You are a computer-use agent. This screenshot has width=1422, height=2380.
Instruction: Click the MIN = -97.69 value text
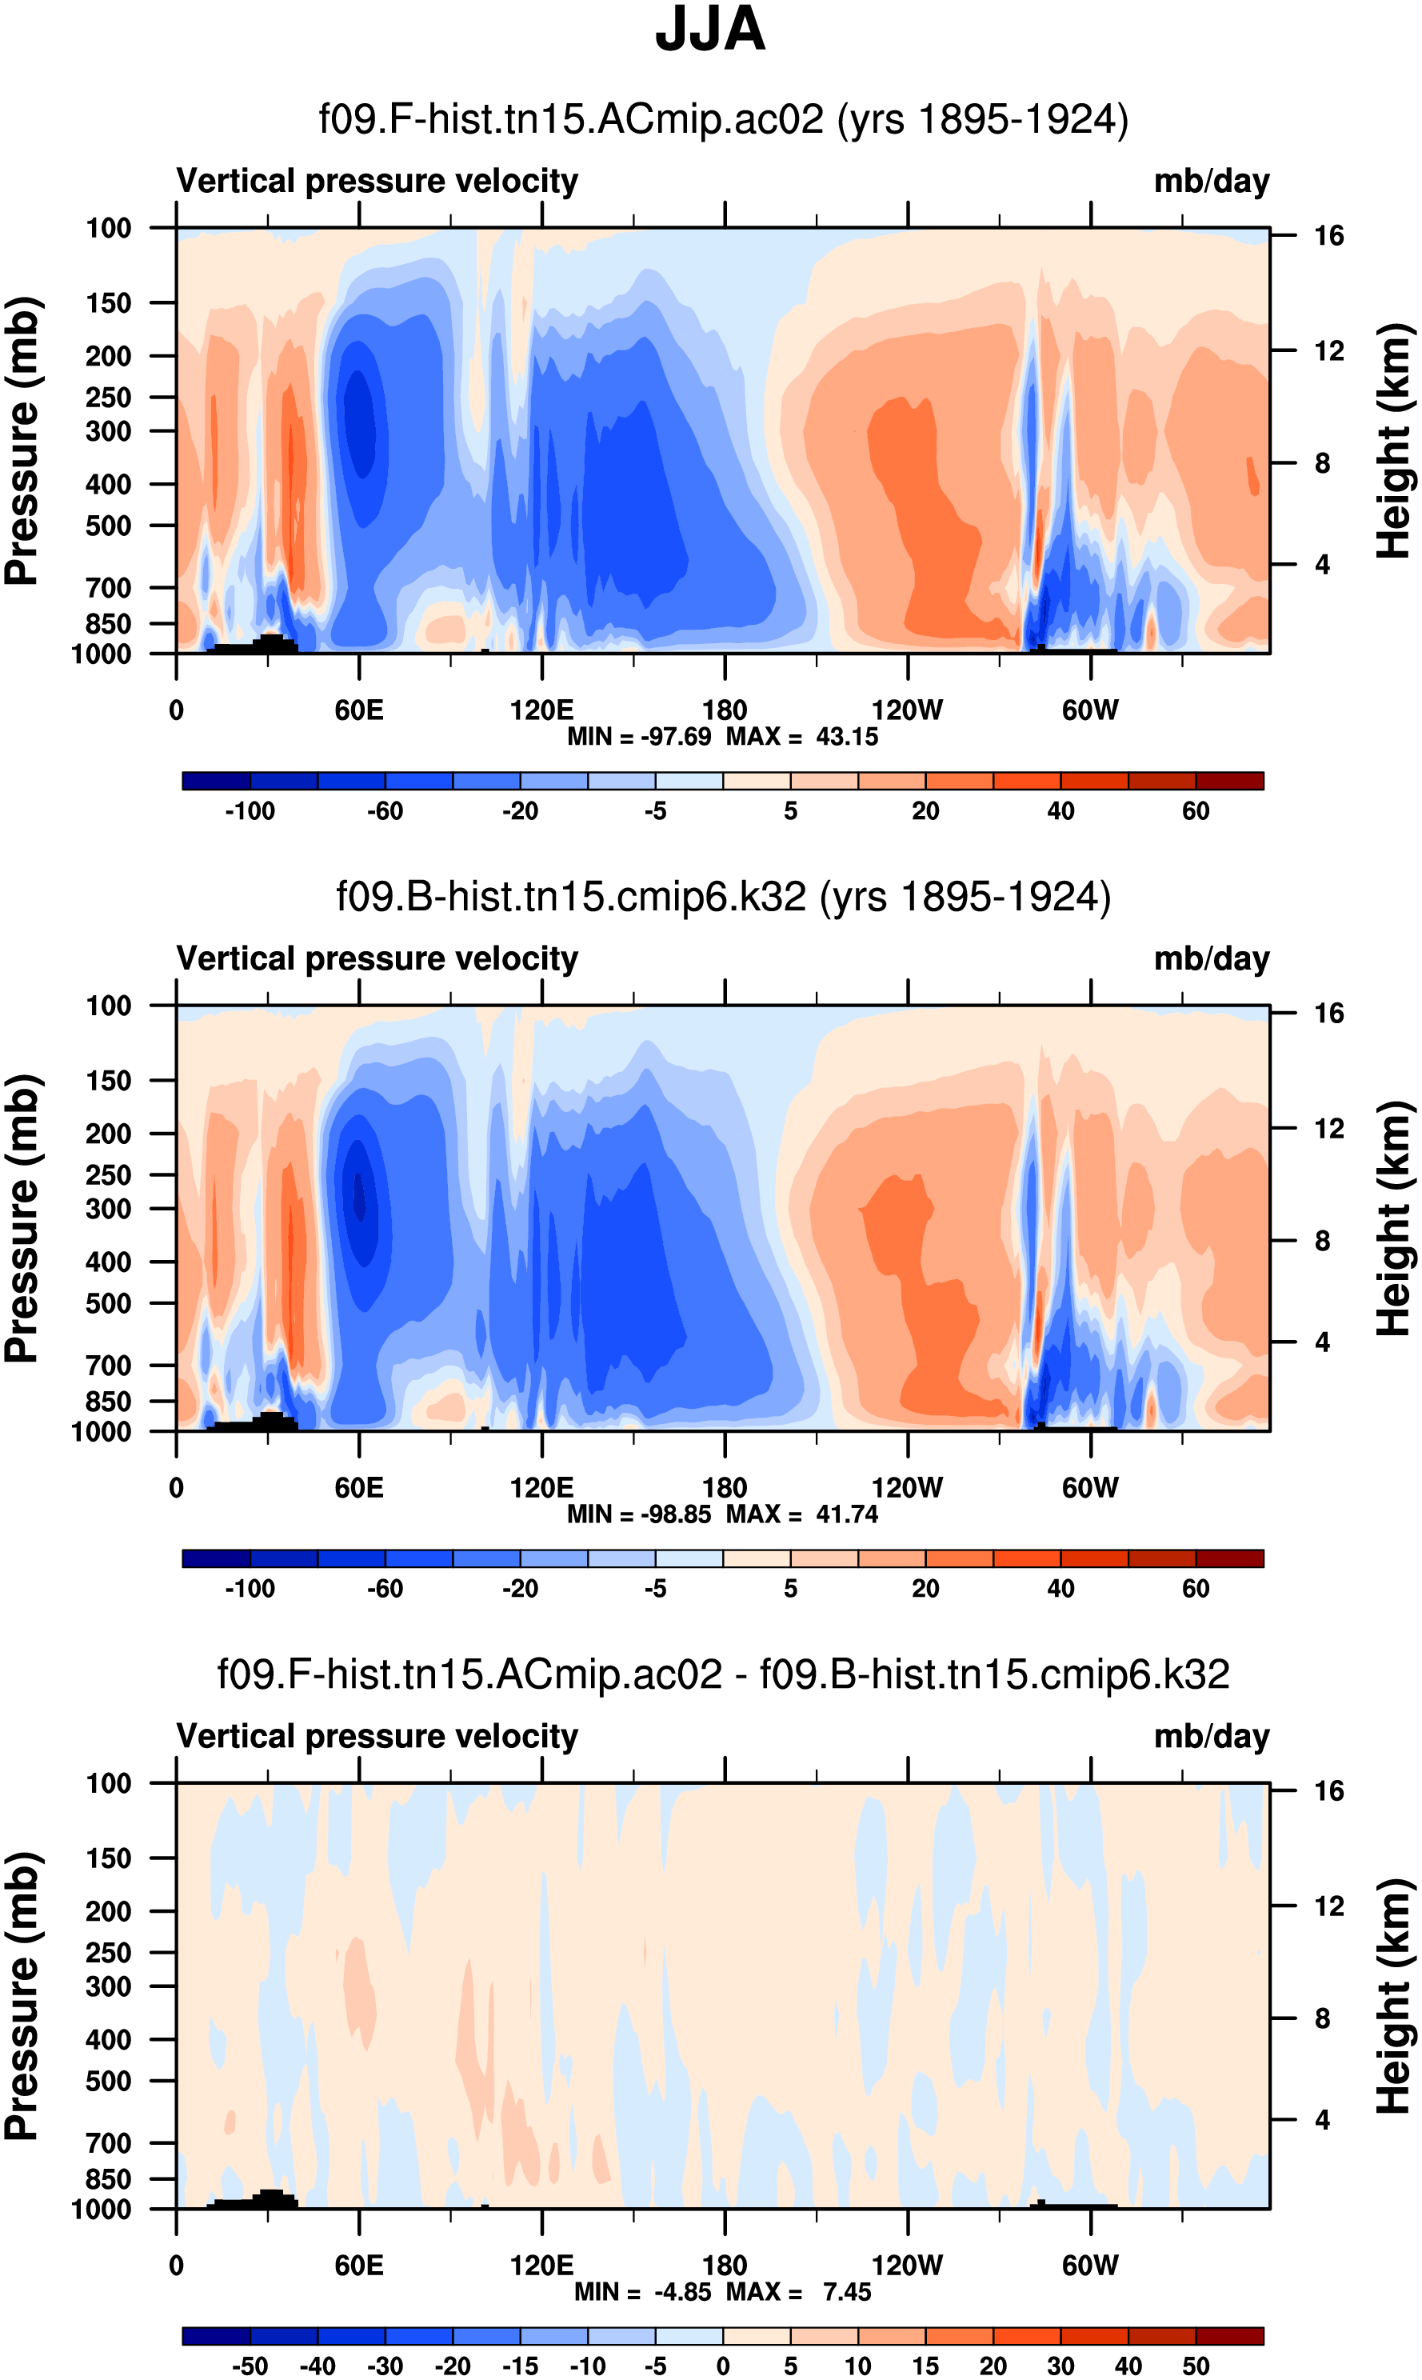click(x=639, y=737)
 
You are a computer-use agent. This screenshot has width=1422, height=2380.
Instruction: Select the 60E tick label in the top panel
click(x=359, y=710)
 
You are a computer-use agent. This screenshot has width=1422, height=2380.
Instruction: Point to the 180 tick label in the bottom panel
click(x=725, y=2265)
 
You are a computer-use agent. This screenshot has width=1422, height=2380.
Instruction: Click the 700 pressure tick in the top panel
click(x=108, y=587)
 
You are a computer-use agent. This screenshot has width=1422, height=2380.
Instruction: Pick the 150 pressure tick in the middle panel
click(x=108, y=1080)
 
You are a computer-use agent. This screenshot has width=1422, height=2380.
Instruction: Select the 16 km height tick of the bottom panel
click(x=1329, y=1790)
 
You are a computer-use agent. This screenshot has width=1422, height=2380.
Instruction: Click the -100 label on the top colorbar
click(x=250, y=811)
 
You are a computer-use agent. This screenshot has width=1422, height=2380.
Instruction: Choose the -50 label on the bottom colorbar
click(x=250, y=2366)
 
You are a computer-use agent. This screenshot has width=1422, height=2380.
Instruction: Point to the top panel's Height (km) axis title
click(x=1395, y=441)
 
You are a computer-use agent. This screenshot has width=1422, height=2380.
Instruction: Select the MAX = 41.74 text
click(x=802, y=1514)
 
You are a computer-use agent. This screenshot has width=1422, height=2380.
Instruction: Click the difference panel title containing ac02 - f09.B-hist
click(x=724, y=1674)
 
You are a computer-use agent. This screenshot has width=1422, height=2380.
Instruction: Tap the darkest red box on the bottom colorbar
click(x=1229, y=2336)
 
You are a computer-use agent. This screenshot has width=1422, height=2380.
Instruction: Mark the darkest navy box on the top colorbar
click(x=217, y=781)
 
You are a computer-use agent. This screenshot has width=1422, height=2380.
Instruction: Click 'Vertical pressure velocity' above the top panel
click(x=377, y=181)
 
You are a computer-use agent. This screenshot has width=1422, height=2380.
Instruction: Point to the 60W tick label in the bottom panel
click(x=1090, y=2265)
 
